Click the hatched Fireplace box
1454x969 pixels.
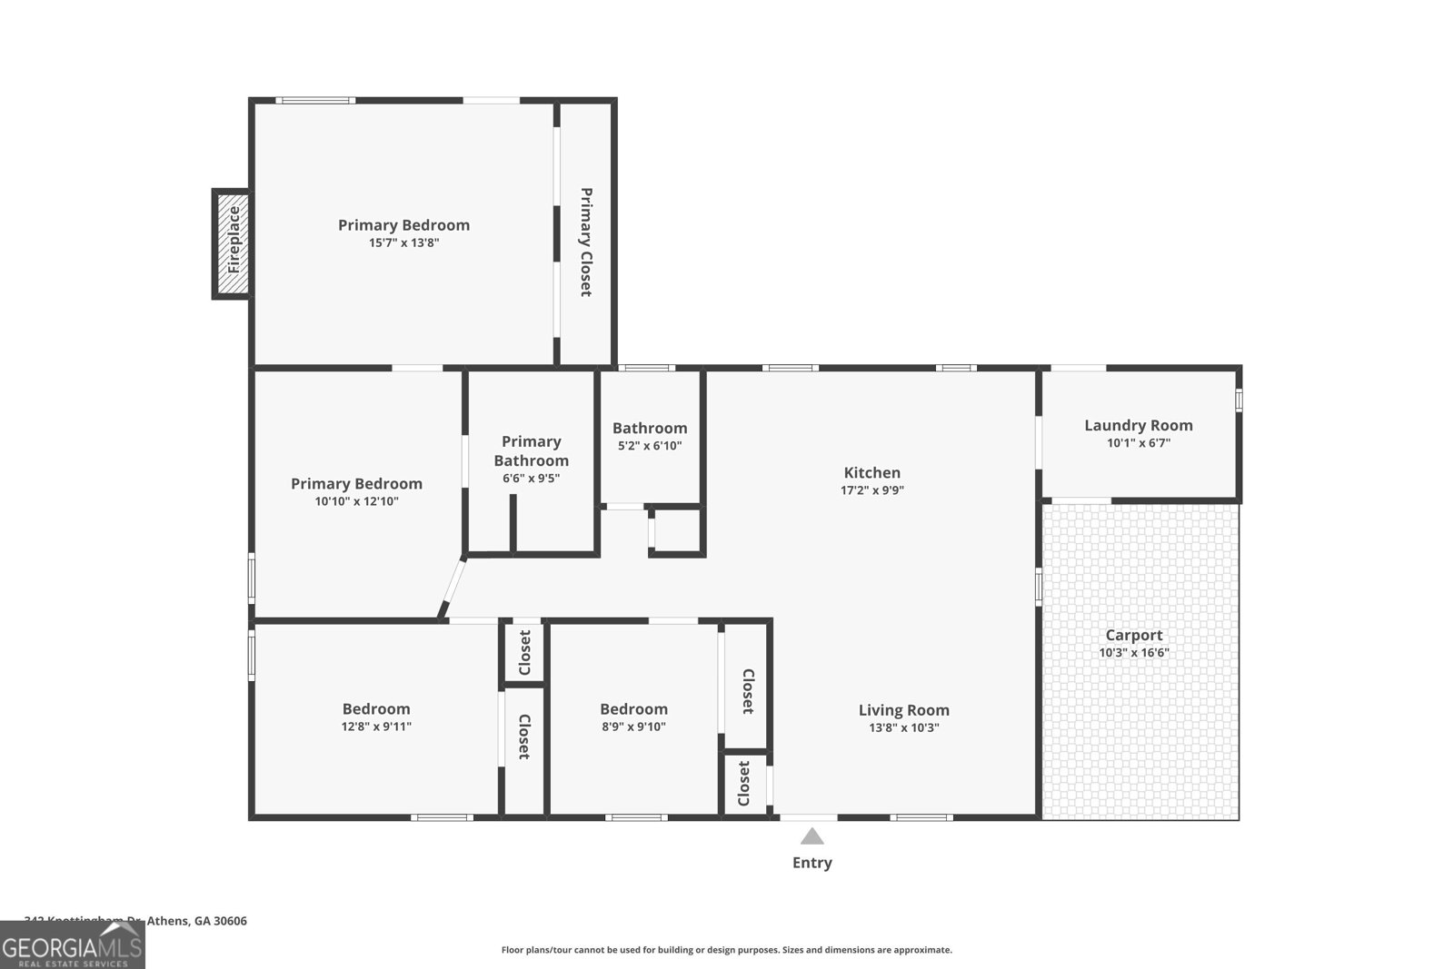[233, 243]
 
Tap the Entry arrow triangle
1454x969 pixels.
[812, 836]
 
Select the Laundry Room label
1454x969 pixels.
[1138, 425]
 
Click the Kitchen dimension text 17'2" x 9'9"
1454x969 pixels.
[871, 490]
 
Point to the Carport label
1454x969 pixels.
[1133, 636]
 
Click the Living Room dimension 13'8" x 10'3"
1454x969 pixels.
[903, 727]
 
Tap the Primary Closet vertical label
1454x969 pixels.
[586, 242]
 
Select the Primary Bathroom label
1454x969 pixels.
[531, 450]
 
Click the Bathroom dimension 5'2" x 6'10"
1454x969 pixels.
[649, 446]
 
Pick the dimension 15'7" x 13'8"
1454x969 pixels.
[403, 242]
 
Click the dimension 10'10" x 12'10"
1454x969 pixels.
[356, 501]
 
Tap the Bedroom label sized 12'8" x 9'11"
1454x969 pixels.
[376, 709]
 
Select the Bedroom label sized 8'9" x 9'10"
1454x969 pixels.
[633, 709]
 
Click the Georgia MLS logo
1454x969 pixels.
[73, 944]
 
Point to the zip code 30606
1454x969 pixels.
[228, 921]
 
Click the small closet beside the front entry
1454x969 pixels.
[744, 784]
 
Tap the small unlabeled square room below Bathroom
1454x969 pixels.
[677, 531]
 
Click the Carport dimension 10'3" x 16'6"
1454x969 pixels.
[1133, 653]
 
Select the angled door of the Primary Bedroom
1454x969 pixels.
[453, 589]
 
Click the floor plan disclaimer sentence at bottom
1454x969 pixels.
[726, 950]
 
